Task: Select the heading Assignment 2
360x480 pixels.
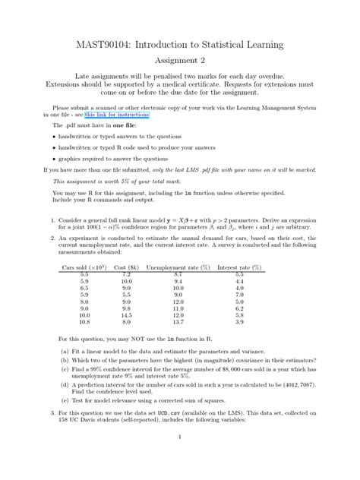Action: click(180, 60)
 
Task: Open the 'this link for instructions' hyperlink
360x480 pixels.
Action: click(117, 115)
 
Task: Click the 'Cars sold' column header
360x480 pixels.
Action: click(81, 267)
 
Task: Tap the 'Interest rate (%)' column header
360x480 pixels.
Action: click(239, 267)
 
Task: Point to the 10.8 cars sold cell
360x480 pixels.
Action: click(84, 322)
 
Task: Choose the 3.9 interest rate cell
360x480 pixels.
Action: click(239, 322)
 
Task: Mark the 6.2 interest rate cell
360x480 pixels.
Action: click(239, 308)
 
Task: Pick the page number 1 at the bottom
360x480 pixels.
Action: click(179, 437)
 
